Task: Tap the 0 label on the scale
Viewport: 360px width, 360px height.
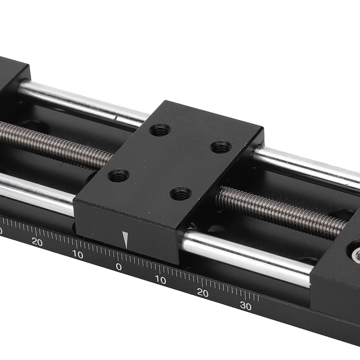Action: point(119,266)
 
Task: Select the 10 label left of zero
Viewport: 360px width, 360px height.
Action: point(77,255)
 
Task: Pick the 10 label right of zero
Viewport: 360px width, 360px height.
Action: point(160,280)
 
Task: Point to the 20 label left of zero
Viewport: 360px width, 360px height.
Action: point(37,242)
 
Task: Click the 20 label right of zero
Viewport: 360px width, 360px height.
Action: point(202,293)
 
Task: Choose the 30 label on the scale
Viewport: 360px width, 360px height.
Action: point(245,306)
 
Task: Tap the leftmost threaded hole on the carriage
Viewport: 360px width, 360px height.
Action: point(118,175)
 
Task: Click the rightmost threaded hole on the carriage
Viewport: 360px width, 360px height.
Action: point(221,147)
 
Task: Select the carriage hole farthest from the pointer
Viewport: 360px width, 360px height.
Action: point(160,130)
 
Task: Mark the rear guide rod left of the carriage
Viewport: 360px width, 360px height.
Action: point(81,101)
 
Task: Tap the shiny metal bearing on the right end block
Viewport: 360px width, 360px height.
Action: point(356,256)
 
